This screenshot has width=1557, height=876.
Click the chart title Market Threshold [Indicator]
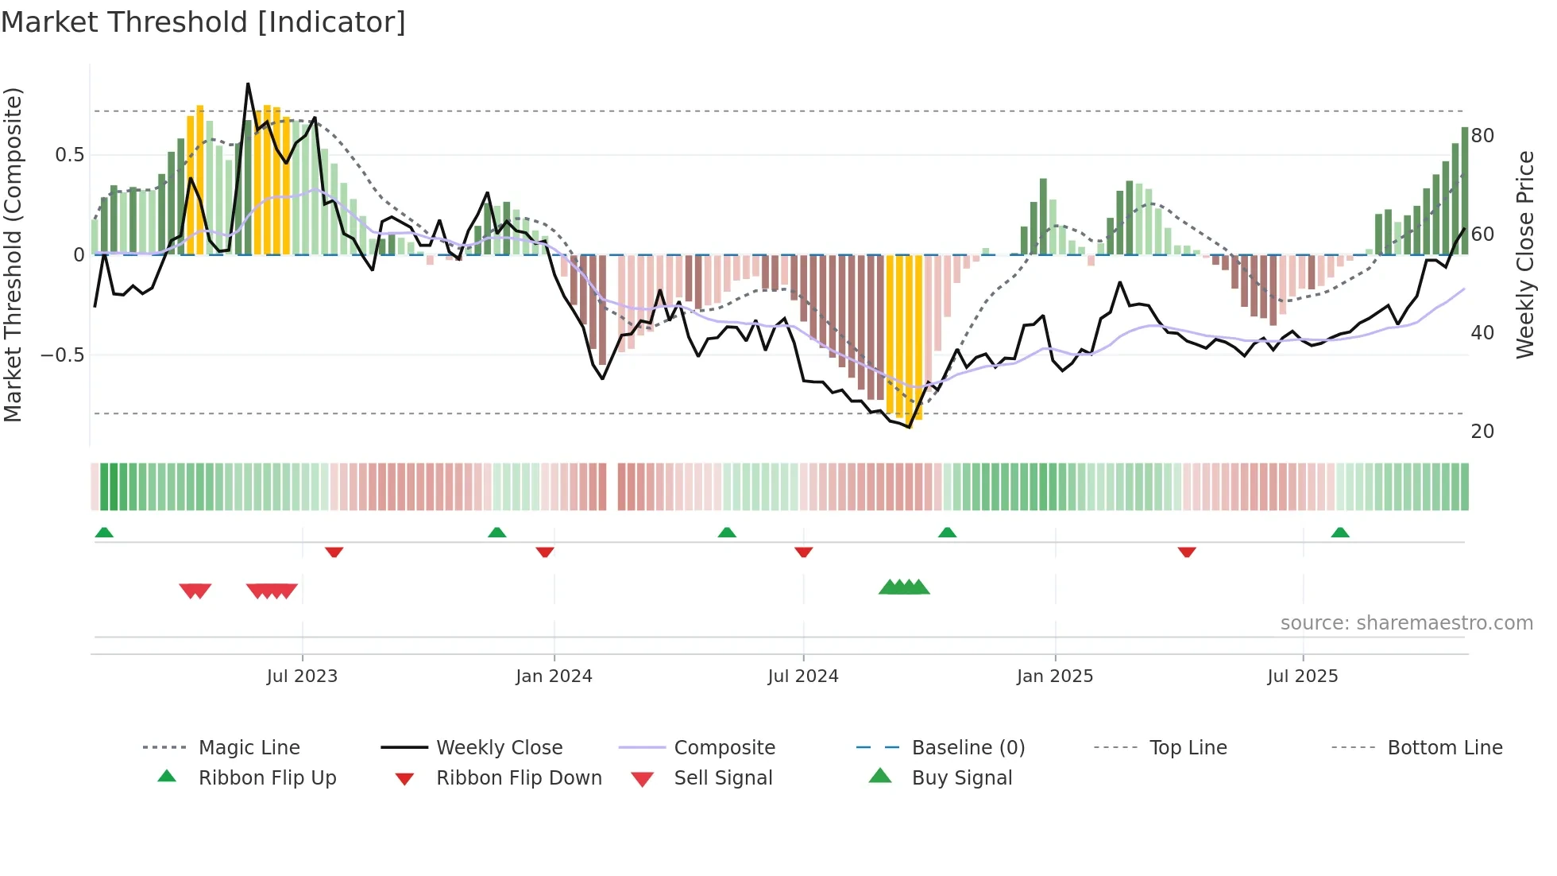point(203,22)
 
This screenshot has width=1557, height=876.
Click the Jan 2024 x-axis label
point(554,676)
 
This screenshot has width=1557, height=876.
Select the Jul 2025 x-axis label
point(1302,676)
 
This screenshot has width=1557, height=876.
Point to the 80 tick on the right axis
point(1482,136)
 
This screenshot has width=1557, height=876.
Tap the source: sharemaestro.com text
point(1406,623)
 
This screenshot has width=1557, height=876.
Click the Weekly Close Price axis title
point(1524,254)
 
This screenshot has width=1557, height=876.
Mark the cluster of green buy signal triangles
point(904,587)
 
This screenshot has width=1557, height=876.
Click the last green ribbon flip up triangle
point(1340,533)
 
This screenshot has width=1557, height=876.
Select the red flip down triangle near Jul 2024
point(803,552)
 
